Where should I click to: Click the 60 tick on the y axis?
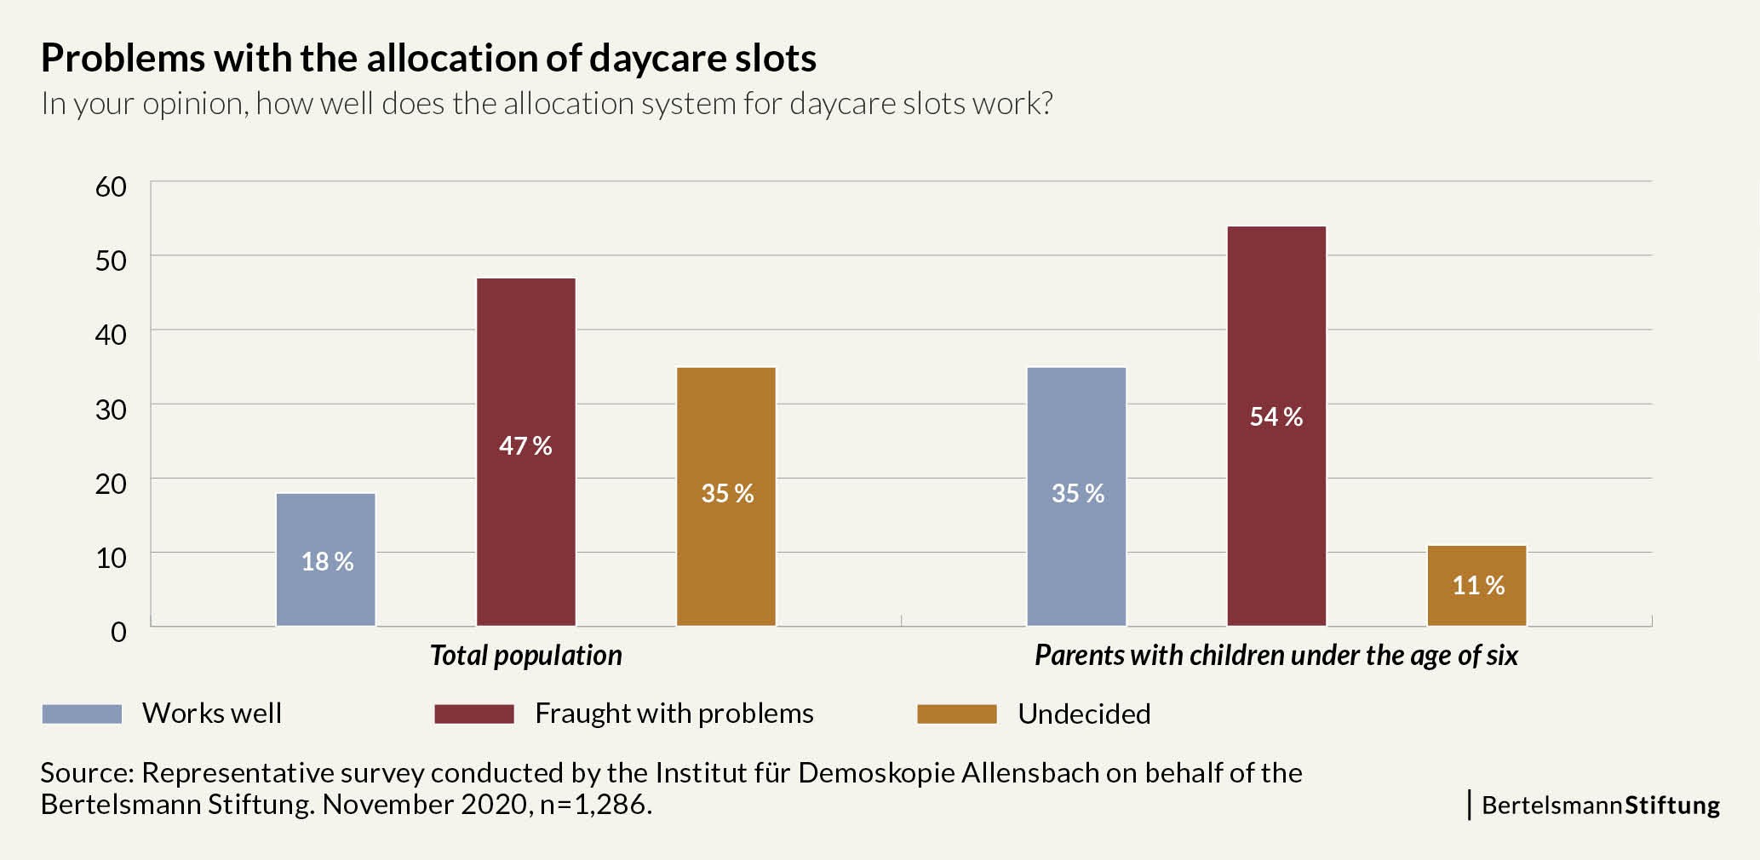tap(111, 186)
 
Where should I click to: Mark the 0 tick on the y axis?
tap(118, 632)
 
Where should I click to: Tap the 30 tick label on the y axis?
tap(111, 410)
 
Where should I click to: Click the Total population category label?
tap(525, 656)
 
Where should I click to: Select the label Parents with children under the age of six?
tap(1276, 656)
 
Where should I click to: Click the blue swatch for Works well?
tap(82, 714)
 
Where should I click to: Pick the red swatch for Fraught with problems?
tap(473, 714)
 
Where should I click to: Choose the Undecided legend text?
tap(1083, 714)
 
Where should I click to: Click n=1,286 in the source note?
tap(595, 805)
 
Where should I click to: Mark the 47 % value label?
tap(525, 445)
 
